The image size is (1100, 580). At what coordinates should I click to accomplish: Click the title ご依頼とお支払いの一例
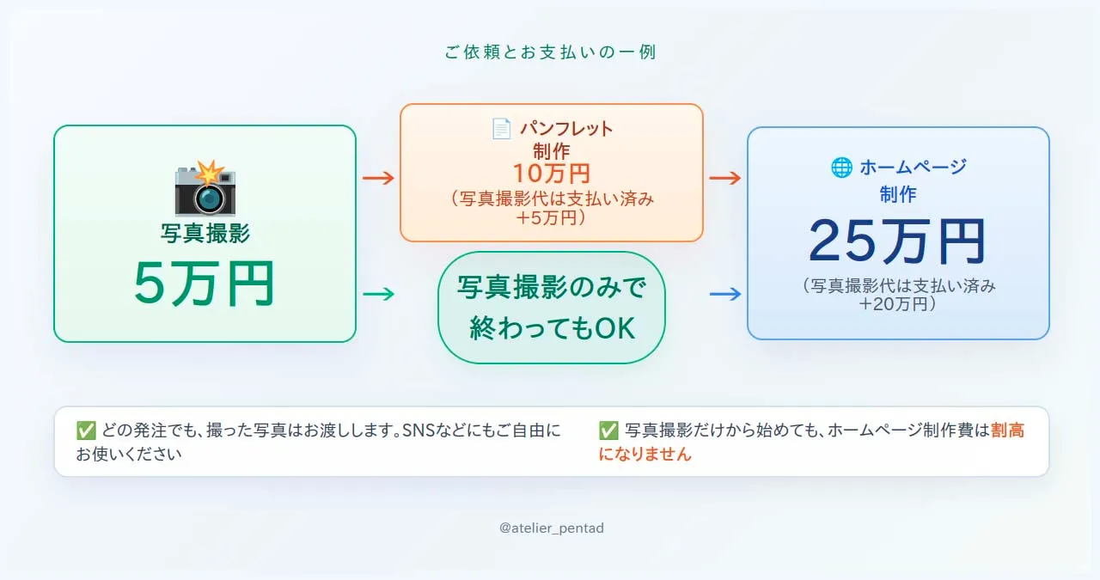click(550, 52)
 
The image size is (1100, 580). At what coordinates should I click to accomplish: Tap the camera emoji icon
click(205, 188)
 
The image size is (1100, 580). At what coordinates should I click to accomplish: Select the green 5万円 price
click(205, 284)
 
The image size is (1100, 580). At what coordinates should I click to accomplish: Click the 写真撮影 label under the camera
click(205, 233)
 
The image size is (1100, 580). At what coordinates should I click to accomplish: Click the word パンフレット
click(566, 129)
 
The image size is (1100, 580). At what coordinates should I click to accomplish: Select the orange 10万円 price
click(551, 174)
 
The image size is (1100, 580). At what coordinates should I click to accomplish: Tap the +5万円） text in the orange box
click(551, 218)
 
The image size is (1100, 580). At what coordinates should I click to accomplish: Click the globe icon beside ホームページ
click(840, 168)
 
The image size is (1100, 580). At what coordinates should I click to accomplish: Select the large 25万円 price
click(897, 242)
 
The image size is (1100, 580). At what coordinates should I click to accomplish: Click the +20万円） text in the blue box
click(897, 303)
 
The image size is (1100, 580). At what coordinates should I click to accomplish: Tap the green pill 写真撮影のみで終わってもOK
click(552, 308)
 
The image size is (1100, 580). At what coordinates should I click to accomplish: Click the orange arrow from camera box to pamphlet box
click(378, 179)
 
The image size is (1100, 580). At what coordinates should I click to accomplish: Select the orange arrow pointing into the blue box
click(724, 179)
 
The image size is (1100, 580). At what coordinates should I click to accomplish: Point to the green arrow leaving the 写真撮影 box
click(378, 294)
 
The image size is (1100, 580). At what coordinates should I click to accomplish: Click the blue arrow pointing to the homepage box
click(724, 294)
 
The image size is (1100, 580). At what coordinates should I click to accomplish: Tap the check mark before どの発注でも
click(85, 430)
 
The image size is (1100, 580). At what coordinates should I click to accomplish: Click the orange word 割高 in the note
click(1007, 430)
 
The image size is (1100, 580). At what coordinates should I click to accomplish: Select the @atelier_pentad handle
click(551, 528)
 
